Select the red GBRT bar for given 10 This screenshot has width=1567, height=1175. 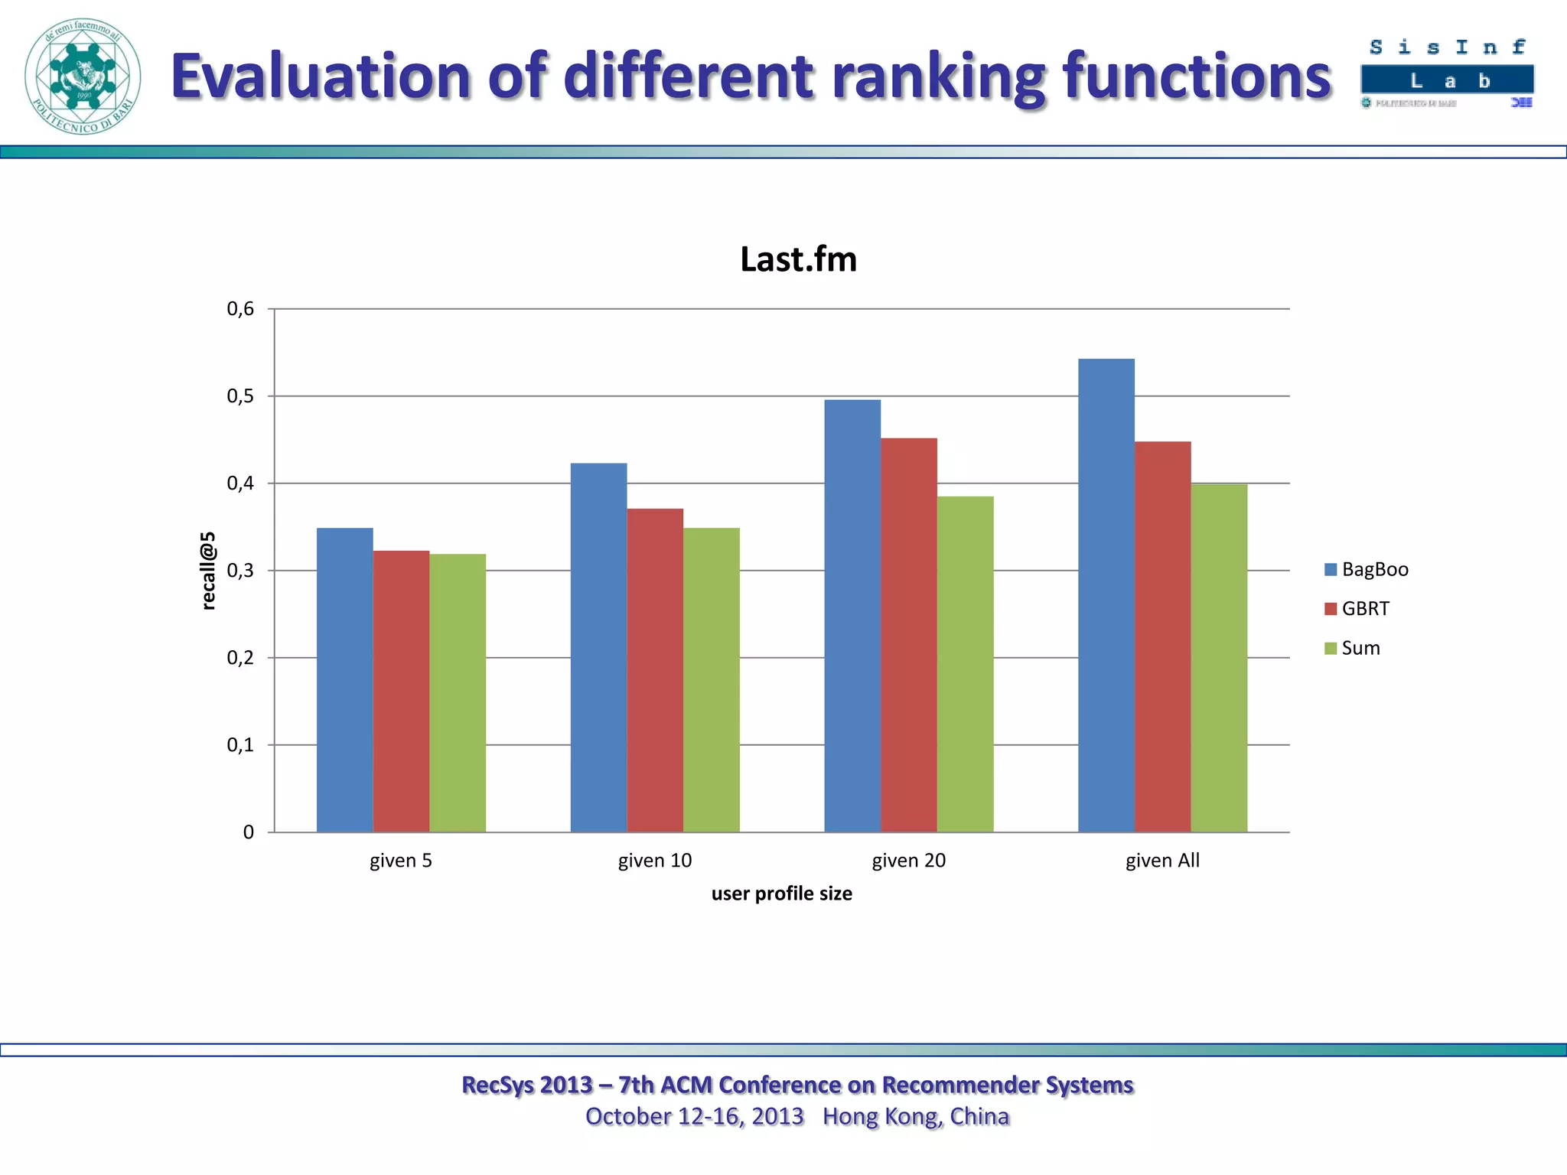coord(655,670)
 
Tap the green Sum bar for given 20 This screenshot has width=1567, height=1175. coord(965,664)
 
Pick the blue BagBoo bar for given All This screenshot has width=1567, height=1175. coord(1106,595)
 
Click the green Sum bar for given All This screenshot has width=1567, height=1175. coord(1219,658)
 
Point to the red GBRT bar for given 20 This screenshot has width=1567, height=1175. coord(908,635)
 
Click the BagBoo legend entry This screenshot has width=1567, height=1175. coord(1367,569)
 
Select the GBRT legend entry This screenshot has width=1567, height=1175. coord(1357,609)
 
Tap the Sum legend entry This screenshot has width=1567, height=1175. coord(1352,648)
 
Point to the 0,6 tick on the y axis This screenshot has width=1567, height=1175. coord(240,309)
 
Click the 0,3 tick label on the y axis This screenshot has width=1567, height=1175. coord(240,571)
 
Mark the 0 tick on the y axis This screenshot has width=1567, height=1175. coord(248,832)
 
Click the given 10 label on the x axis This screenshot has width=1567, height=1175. coord(655,861)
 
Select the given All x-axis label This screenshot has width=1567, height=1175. coord(1162,861)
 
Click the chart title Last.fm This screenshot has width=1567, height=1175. coord(798,259)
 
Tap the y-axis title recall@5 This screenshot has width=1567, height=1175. coord(208,571)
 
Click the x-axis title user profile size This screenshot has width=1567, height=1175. coord(781,893)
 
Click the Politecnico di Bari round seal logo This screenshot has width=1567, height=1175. coord(83,76)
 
